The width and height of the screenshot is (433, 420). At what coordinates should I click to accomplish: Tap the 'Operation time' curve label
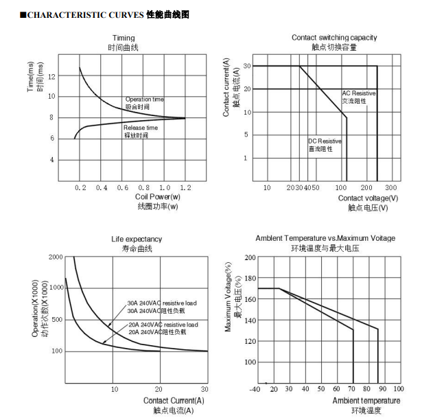(x=144, y=100)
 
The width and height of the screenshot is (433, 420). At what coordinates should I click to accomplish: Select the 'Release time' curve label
(x=141, y=128)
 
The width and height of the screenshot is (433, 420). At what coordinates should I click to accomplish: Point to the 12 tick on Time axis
(x=52, y=76)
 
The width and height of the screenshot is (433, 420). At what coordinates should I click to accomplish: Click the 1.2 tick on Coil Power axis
(x=186, y=187)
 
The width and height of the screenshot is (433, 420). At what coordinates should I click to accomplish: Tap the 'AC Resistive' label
(x=359, y=93)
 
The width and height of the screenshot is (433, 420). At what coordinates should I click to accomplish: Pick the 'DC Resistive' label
(x=325, y=141)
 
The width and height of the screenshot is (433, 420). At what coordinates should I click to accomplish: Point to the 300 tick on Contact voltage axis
(x=391, y=187)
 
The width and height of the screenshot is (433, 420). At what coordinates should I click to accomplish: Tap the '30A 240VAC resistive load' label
(x=162, y=303)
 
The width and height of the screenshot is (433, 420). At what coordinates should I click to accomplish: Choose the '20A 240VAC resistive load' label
(x=163, y=325)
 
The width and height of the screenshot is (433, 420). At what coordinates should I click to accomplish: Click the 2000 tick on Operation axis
(x=56, y=257)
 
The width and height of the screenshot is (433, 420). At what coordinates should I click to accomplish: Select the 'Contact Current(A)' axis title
(x=174, y=400)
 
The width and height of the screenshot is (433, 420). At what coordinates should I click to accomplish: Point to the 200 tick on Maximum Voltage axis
(x=250, y=257)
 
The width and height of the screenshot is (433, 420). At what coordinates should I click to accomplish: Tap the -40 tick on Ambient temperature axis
(x=255, y=389)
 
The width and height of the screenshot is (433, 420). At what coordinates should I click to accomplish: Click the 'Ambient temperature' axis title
(x=366, y=400)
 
